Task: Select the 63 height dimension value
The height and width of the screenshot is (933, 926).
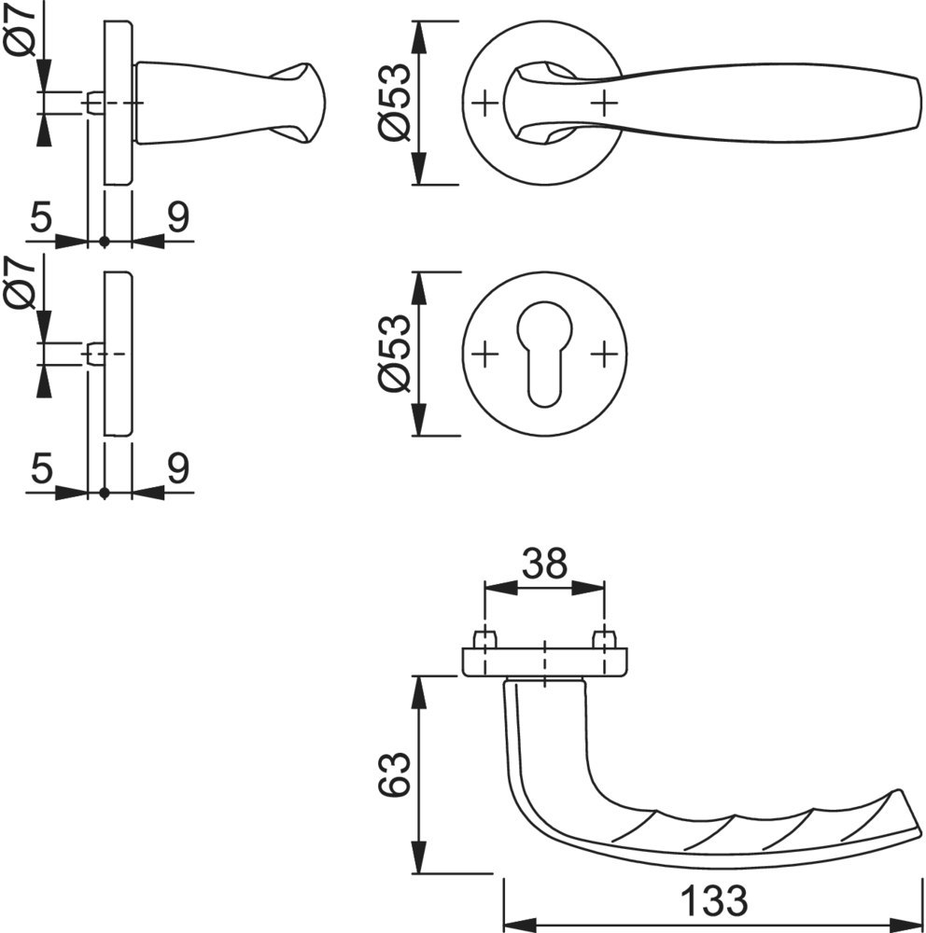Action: [395, 774]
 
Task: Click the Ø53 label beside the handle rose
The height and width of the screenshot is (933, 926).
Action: [395, 103]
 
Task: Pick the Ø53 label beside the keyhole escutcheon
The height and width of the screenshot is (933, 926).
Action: [395, 354]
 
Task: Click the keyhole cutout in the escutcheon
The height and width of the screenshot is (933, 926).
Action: [544, 354]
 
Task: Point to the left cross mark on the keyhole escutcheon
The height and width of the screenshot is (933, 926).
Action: [485, 355]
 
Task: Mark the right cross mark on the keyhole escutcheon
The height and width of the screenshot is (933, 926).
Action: [605, 355]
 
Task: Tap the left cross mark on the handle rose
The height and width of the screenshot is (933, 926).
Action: [485, 104]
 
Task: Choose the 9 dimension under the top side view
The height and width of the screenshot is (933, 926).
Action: [178, 216]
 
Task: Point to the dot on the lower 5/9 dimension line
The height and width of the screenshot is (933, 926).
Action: [105, 493]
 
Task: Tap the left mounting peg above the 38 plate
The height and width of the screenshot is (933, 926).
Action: [484, 640]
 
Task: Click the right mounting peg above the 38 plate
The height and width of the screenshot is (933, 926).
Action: [605, 640]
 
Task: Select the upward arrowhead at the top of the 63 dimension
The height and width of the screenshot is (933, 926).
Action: [419, 691]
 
